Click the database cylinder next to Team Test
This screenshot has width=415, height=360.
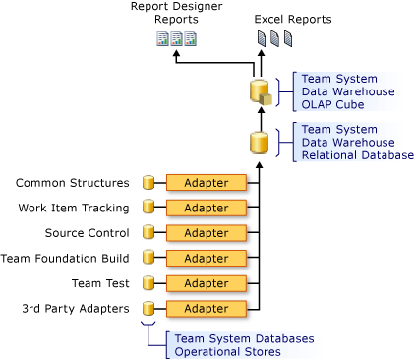click(x=149, y=283)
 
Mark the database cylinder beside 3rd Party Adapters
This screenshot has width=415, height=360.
click(x=149, y=308)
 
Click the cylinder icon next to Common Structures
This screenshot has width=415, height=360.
click(x=149, y=183)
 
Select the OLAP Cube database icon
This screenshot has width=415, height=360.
click(x=260, y=93)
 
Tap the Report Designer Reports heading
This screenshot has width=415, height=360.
click(x=176, y=13)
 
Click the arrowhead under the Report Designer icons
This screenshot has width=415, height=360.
click(x=176, y=56)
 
